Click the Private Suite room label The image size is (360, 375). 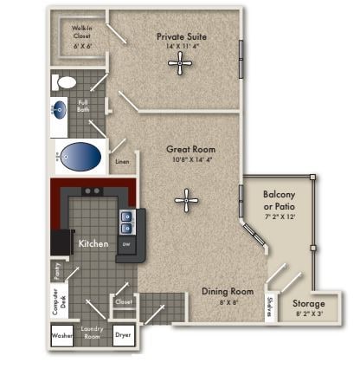(x=181, y=36)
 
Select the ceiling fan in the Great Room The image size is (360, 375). (x=186, y=200)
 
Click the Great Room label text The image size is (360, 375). (x=190, y=149)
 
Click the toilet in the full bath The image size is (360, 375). (x=66, y=83)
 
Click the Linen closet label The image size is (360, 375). (x=122, y=162)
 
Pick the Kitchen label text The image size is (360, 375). (x=93, y=244)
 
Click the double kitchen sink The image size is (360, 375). (x=126, y=223)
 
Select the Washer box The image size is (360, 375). (x=62, y=335)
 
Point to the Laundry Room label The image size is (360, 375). (x=93, y=333)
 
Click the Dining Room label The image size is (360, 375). (x=228, y=292)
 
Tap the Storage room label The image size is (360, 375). (x=308, y=304)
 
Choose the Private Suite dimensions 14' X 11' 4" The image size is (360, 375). (x=181, y=48)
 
